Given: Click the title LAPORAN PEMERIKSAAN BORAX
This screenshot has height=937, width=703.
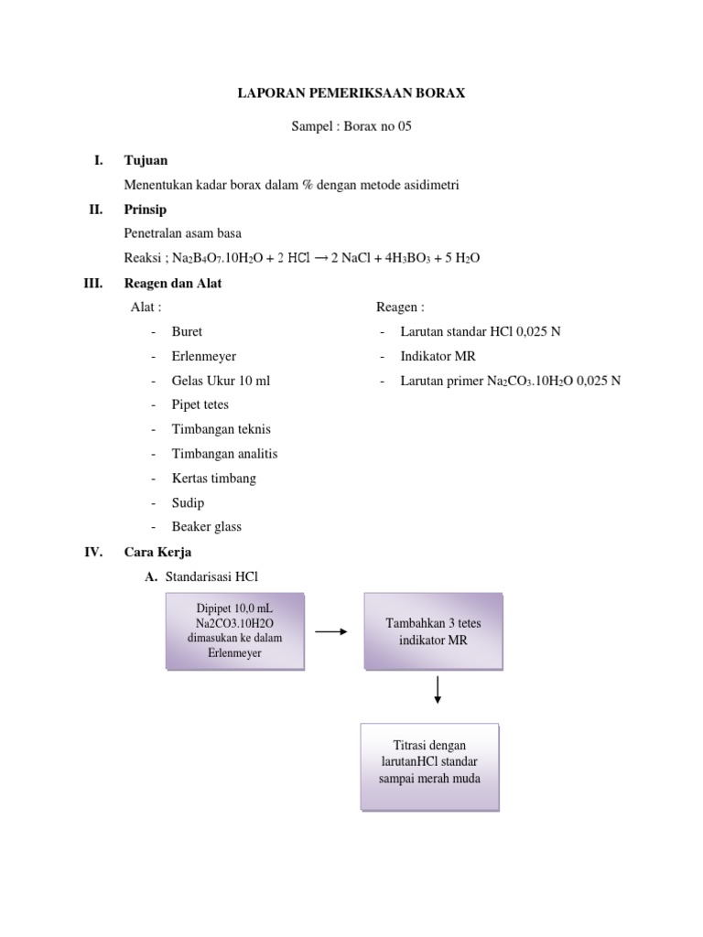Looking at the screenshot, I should point(351,93).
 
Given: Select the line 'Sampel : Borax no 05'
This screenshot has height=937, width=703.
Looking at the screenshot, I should point(351,126).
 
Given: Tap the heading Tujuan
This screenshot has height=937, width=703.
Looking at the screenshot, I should point(146,160).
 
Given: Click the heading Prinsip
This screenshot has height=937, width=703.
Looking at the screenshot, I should point(146,210).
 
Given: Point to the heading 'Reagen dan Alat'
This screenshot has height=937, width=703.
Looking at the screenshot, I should point(173,284).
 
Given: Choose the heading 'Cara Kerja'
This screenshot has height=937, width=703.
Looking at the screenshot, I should point(157,553).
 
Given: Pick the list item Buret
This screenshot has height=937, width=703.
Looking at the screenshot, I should point(187,331).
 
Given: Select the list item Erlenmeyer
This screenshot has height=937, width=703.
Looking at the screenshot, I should point(203,356).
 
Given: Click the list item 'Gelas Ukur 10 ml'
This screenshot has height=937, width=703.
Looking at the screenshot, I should point(221,381).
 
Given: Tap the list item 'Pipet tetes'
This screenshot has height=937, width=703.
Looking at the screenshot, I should point(200,404).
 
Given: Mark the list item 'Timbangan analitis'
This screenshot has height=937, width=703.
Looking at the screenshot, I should point(224,454).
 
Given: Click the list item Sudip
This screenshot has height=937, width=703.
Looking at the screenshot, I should point(188,502).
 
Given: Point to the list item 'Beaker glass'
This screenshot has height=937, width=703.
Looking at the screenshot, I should point(206,527).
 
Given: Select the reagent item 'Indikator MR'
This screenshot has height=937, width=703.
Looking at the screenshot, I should point(438,356).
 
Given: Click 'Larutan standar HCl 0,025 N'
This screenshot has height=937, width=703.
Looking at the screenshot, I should point(480,331).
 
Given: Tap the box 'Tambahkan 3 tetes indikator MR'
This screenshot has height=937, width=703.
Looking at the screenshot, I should point(433,631).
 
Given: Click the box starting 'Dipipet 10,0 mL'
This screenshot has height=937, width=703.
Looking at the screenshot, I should point(235,631).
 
